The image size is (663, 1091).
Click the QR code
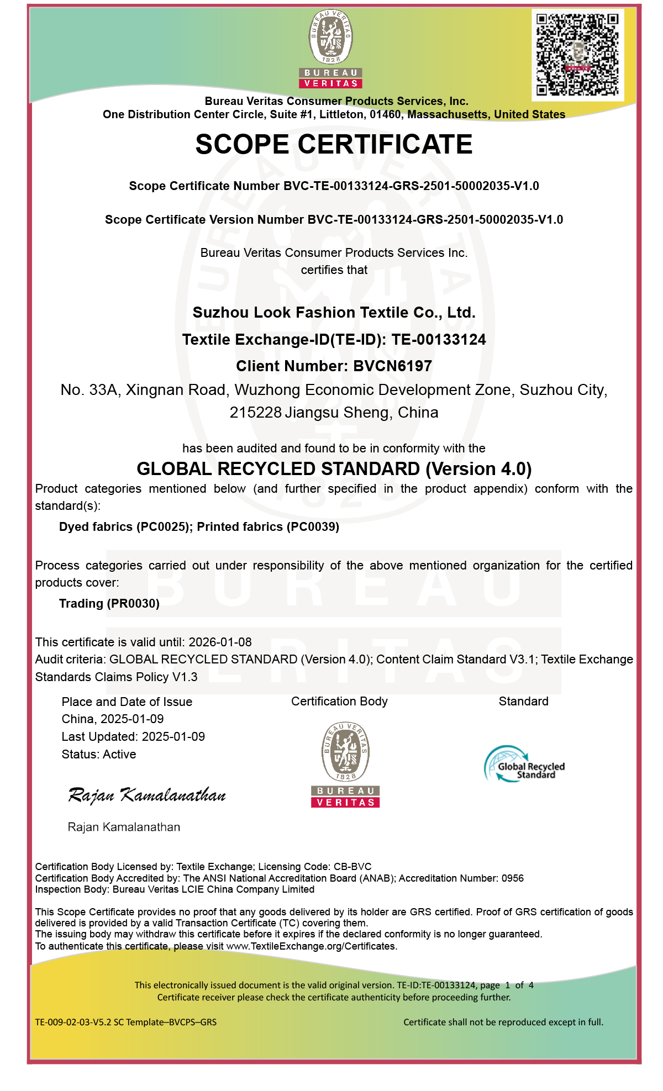577,54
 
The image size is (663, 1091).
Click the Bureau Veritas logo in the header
330,49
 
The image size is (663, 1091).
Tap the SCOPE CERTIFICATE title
334,145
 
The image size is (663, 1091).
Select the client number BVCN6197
392,366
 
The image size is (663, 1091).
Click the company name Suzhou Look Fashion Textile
334,313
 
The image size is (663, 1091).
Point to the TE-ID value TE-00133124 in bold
439,340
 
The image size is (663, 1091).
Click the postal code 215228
255,413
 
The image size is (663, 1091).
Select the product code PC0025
163,527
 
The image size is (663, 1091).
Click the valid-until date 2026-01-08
220,642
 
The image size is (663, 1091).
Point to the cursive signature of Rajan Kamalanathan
147,795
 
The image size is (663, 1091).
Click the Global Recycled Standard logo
524,765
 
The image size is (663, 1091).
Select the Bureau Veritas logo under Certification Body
345,765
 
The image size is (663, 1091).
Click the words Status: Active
99,755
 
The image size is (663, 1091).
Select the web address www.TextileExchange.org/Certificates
311,946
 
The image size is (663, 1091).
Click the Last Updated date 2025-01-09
173,737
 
